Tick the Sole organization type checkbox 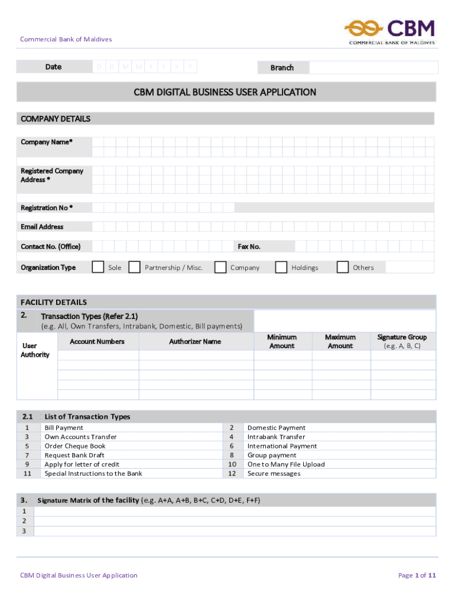99,267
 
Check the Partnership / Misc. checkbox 135,267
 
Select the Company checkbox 220,267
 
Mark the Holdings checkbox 281,267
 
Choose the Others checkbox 343,267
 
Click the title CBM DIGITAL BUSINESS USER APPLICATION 225,92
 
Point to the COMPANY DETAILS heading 56,119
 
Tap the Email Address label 42,227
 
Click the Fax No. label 249,246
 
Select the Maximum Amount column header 340,341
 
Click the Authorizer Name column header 195,341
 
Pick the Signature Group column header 402,341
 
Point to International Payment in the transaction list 282,446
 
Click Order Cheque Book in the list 75,446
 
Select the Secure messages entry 274,473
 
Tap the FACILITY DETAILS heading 54,302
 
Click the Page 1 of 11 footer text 417,575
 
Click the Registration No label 47,208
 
